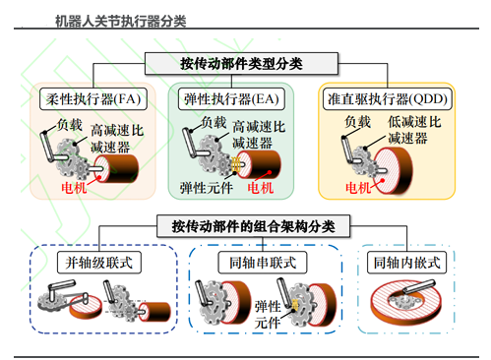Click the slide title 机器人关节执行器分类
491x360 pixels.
tap(120, 22)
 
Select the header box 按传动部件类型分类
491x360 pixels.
tap(241, 64)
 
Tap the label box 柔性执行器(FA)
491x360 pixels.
tap(93, 98)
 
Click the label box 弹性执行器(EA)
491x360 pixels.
tap(231, 98)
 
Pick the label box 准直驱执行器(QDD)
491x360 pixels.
tap(388, 98)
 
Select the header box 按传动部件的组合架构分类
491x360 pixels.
tap(253, 226)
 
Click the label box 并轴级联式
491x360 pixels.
tap(99, 263)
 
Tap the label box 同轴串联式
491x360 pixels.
tap(263, 263)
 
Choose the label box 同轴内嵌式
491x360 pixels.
tap(406, 263)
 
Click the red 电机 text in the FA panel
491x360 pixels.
tap(74, 188)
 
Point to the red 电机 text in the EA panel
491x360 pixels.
tap(261, 188)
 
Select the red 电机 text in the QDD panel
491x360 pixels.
tap(358, 188)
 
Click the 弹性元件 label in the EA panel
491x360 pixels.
tap(207, 188)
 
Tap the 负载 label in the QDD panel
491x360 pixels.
tap(358, 122)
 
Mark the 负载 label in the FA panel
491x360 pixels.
tap(70, 125)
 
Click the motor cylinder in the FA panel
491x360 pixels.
tap(116, 168)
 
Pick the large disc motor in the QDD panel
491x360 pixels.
tap(393, 170)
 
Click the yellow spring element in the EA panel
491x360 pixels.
tap(235, 164)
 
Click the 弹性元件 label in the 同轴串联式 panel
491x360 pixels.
tap(268, 314)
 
